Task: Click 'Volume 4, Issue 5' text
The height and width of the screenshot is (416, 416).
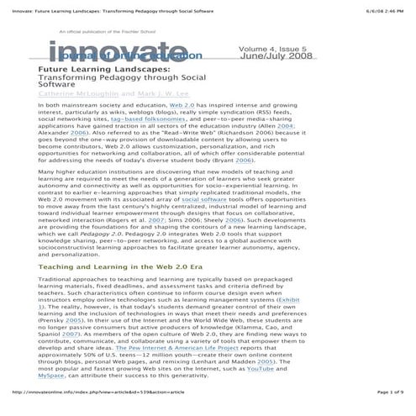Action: click(x=271, y=50)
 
